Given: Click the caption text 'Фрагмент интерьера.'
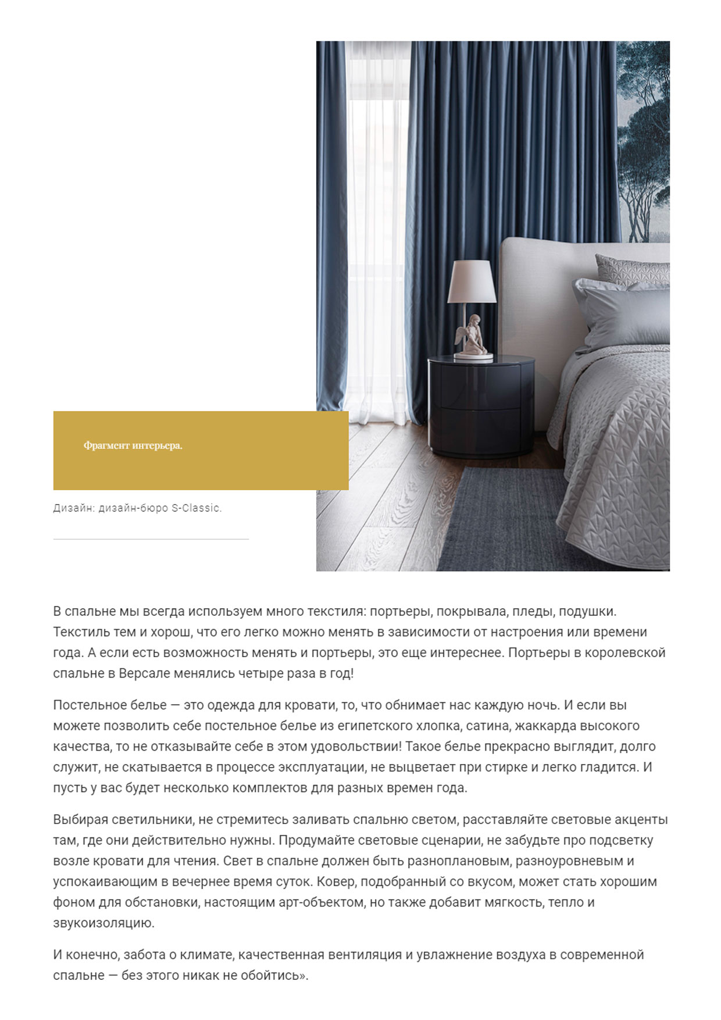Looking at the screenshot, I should [133, 446].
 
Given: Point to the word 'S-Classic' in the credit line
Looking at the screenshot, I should [196, 508].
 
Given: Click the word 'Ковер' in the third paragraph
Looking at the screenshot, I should [335, 882].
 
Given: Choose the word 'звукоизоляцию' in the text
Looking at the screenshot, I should [103, 923].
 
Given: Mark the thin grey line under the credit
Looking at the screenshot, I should [151, 540].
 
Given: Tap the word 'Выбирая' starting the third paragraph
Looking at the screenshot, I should [80, 820].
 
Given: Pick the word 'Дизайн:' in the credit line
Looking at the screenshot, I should [73, 508].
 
